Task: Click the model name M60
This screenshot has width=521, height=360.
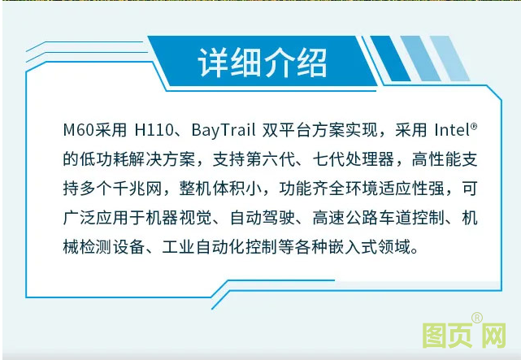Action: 80,130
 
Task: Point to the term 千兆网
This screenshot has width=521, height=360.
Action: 149,188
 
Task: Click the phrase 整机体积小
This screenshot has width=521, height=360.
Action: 231,188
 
